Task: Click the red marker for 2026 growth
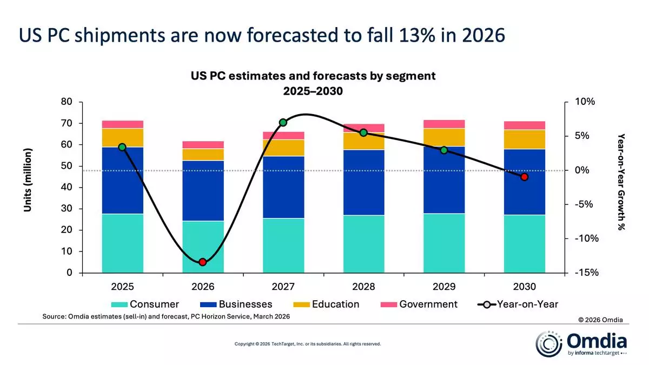tap(203, 262)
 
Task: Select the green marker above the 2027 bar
tap(283, 122)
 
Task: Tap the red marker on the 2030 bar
tap(524, 177)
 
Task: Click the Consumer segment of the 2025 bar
tap(122, 243)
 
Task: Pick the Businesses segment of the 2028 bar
tap(363, 182)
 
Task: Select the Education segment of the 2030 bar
tap(524, 139)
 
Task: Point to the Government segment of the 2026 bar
tap(203, 144)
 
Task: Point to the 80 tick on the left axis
tap(67, 102)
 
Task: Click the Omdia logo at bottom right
tap(581, 344)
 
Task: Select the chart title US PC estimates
tap(313, 76)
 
